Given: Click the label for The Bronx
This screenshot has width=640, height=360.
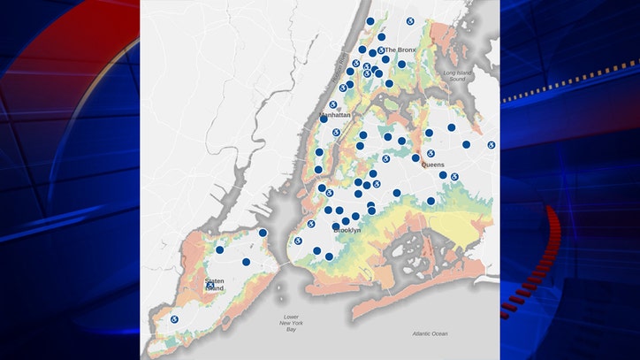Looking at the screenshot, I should [x=400, y=50].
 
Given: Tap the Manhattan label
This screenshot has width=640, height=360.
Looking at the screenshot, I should [x=335, y=115].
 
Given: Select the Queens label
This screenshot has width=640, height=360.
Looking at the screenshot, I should [x=432, y=165].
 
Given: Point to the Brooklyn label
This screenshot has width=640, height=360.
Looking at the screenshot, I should [x=347, y=230].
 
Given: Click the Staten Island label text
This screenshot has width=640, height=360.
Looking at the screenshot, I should [x=215, y=285].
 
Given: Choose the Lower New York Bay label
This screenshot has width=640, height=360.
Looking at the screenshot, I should [x=292, y=321].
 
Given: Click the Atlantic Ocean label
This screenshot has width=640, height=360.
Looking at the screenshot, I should [x=430, y=333].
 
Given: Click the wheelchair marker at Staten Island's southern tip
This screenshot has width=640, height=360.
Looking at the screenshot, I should [x=174, y=319].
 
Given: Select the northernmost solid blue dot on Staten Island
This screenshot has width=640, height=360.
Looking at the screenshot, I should [x=263, y=233].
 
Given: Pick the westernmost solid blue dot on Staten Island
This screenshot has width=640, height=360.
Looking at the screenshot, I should [x=219, y=249].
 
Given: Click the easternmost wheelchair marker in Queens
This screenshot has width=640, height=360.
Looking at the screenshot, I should [x=491, y=145].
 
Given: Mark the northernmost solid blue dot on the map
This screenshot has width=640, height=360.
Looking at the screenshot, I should [x=370, y=21].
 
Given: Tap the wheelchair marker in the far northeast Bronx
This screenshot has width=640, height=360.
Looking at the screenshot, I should [x=410, y=21].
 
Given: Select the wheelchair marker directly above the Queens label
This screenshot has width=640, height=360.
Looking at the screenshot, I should [x=430, y=153].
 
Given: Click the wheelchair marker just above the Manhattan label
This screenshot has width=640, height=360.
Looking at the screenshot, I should [x=333, y=104].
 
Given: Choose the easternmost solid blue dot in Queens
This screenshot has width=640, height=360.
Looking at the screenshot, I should [x=466, y=144].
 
